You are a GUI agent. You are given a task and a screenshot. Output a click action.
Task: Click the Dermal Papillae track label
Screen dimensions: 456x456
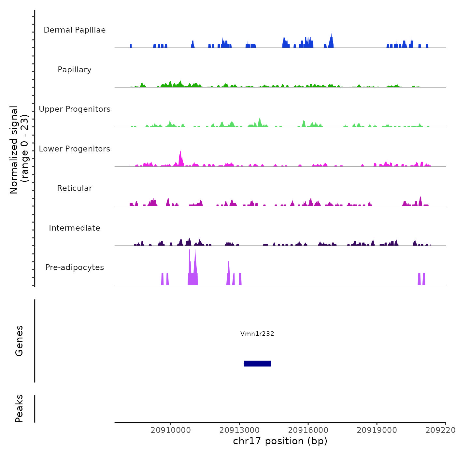[x=75, y=30]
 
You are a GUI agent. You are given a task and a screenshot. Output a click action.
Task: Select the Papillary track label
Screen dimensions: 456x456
[x=75, y=70]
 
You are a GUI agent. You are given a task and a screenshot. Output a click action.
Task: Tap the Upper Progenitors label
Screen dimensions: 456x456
[x=75, y=109]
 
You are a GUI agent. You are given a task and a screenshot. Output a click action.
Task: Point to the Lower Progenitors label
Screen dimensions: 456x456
[x=75, y=149]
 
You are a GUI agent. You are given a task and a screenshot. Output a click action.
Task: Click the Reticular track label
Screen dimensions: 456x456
[x=75, y=188]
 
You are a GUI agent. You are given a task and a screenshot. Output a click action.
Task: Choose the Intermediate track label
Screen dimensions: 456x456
[x=75, y=228]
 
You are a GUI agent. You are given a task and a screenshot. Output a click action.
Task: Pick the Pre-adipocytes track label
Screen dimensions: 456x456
[x=75, y=267]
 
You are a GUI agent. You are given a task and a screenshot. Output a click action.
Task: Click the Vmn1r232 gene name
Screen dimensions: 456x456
[x=257, y=334]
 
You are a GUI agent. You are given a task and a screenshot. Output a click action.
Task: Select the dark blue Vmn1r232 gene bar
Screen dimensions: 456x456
[x=257, y=363]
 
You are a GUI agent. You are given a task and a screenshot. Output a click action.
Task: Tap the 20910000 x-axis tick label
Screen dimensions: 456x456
[x=171, y=430]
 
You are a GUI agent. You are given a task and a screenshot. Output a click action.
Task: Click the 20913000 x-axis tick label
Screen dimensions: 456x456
[x=240, y=430]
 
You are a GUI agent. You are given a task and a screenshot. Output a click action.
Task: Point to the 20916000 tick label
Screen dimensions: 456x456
[x=308, y=430]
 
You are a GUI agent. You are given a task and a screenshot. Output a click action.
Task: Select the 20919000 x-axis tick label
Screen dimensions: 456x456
[x=377, y=430]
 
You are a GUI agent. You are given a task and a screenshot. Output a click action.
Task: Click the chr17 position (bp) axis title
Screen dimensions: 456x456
[x=280, y=441]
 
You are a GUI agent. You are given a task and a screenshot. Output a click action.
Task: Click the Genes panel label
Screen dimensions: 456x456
[x=19, y=341]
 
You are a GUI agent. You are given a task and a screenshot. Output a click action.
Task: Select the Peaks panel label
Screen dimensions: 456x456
[x=19, y=408]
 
